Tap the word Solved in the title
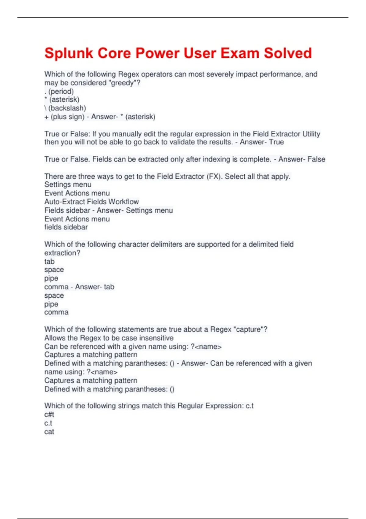click(x=288, y=53)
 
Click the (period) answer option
click(x=61, y=91)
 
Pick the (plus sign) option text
click(x=67, y=117)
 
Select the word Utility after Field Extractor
click(x=311, y=134)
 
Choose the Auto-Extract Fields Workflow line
click(x=91, y=202)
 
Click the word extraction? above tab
click(x=62, y=253)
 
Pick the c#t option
click(x=49, y=415)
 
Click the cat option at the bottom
click(x=49, y=432)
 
